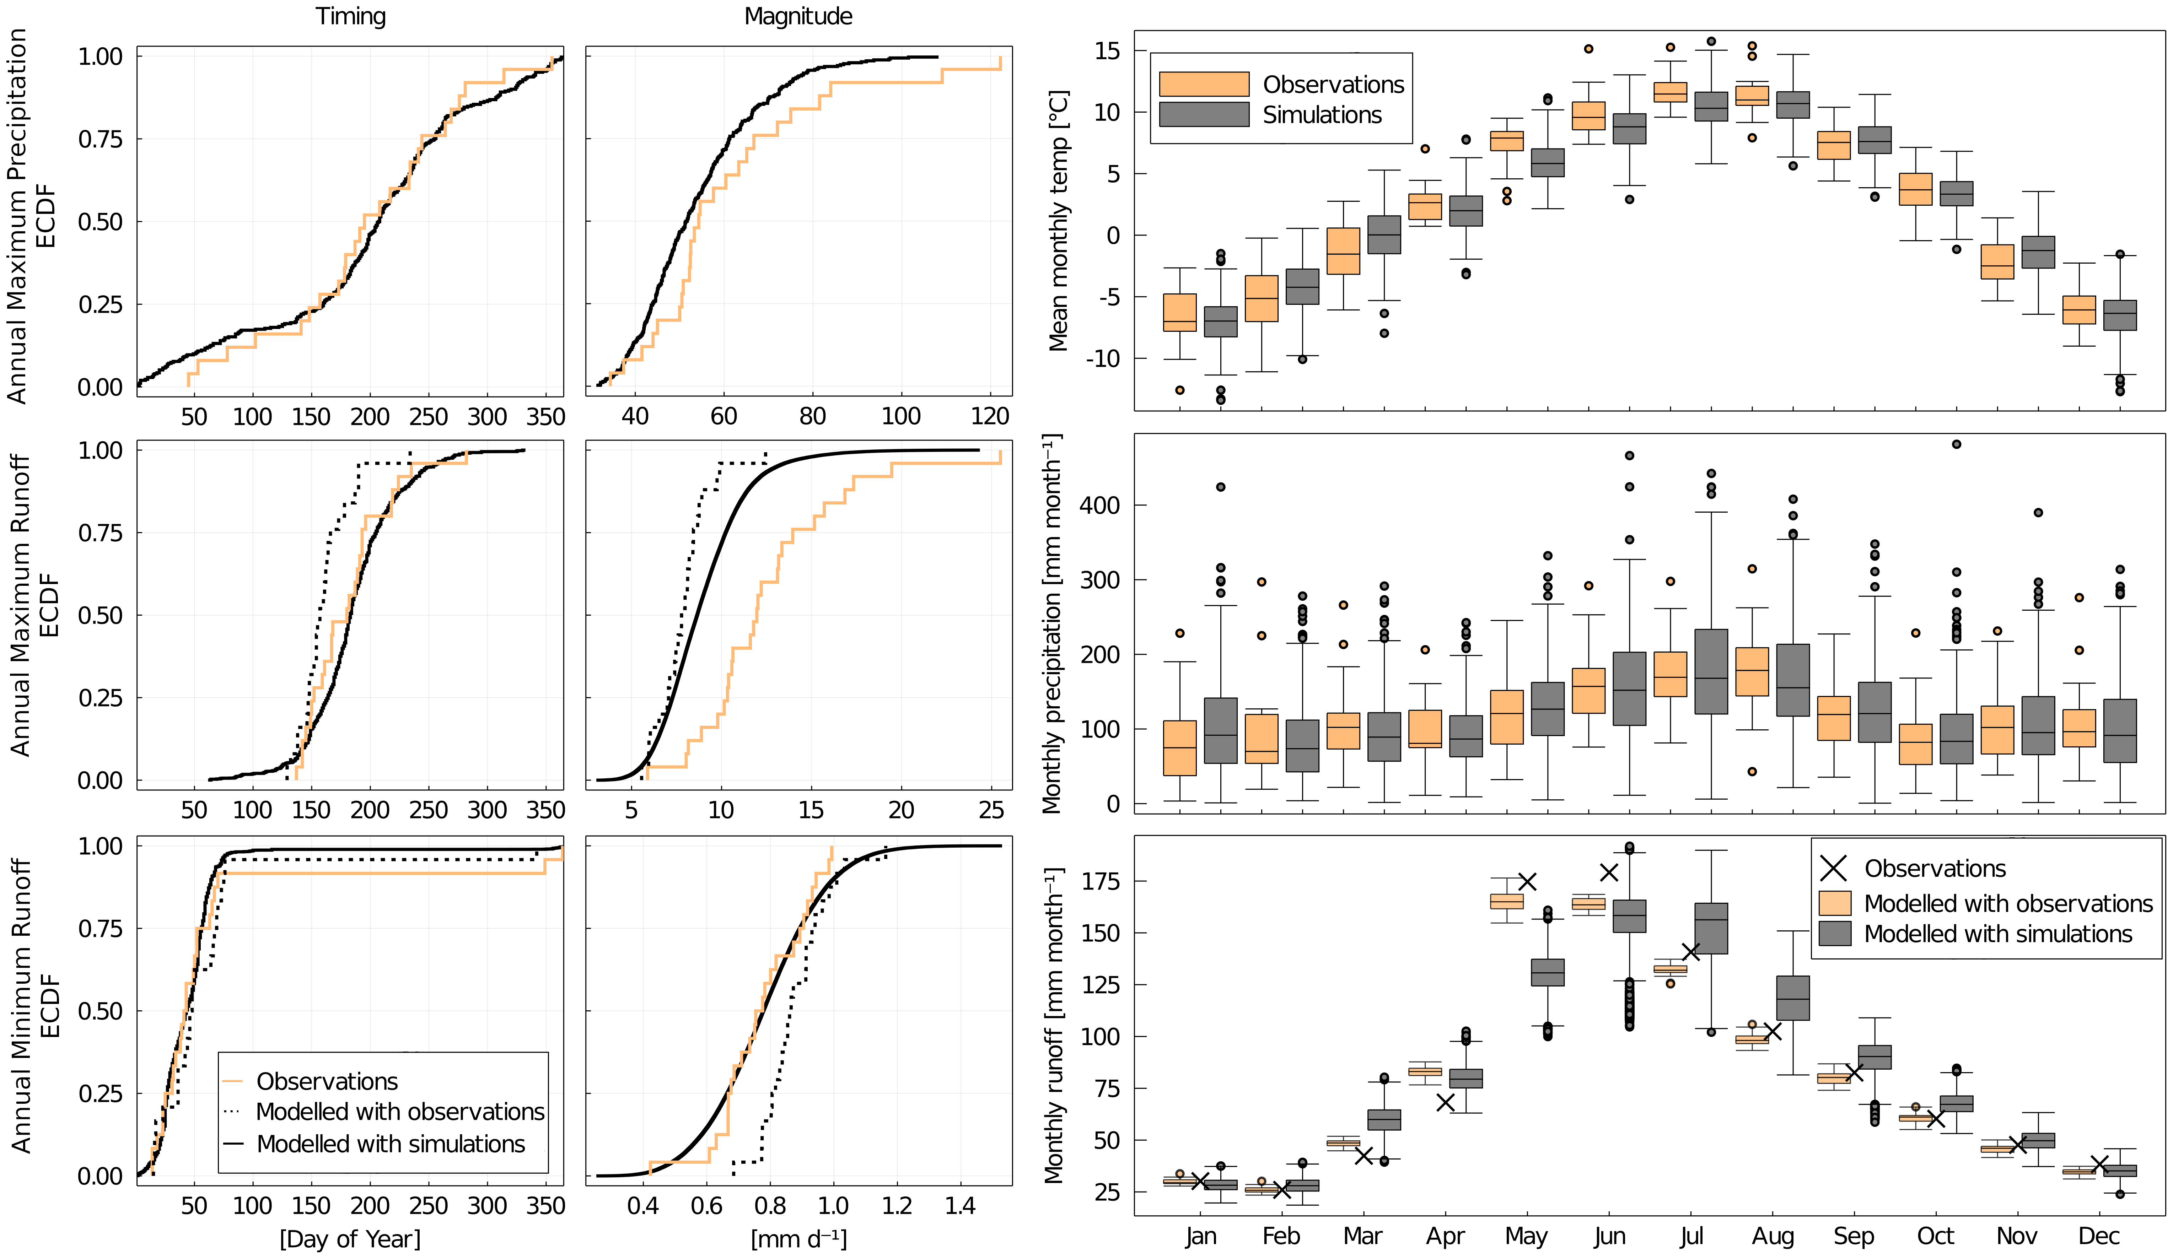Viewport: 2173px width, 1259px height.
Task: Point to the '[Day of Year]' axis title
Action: tap(350, 1238)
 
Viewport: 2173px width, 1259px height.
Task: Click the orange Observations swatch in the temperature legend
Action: tap(1204, 83)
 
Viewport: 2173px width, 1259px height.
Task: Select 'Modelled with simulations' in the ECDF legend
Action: tap(391, 1144)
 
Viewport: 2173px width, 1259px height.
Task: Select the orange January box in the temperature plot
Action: tap(1180, 312)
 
